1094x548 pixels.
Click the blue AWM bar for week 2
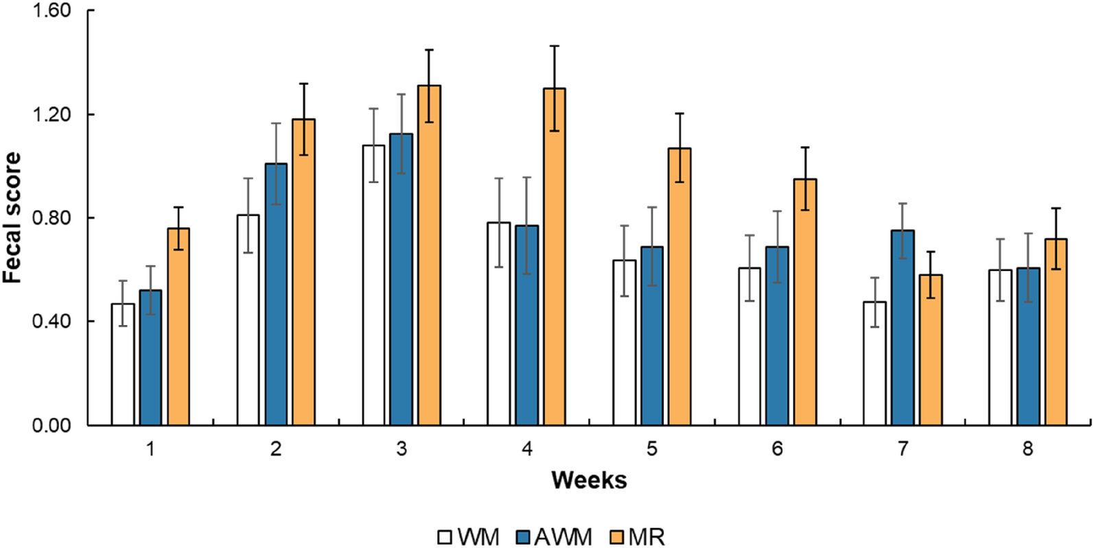[x=276, y=295]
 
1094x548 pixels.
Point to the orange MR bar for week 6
[x=805, y=302]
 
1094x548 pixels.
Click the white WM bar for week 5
[x=625, y=343]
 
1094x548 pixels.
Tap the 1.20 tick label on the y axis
[x=51, y=115]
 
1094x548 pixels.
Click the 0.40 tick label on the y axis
[x=51, y=322]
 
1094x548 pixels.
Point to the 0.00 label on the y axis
[x=51, y=425]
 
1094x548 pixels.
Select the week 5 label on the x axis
[x=651, y=449]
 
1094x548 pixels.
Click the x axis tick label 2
[x=276, y=449]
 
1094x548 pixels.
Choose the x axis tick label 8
[x=1027, y=449]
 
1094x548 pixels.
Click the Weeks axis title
[x=589, y=480]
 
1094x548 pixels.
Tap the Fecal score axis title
[x=12, y=218]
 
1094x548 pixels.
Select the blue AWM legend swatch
[x=524, y=536]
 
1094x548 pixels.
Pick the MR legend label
[x=647, y=536]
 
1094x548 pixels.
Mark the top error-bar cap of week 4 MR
[x=555, y=46]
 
